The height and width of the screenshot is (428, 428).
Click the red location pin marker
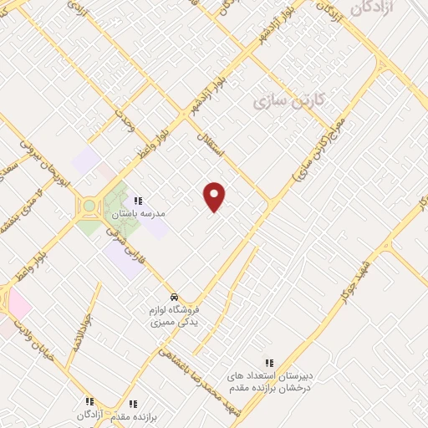coord(215,196)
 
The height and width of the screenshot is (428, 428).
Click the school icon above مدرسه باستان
coord(139,201)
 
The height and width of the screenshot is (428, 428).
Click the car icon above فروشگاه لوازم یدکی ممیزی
coord(173,297)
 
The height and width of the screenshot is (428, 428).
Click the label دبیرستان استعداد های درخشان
coord(269,383)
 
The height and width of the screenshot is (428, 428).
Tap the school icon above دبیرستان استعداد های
coord(269,363)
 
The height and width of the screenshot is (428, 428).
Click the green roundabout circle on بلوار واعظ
coord(89,205)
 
